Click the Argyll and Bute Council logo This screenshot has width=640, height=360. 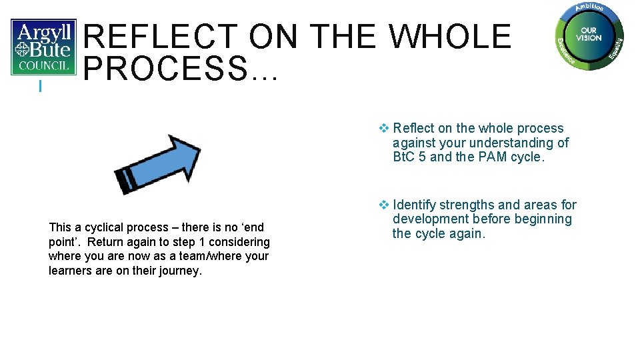pyautogui.click(x=43, y=47)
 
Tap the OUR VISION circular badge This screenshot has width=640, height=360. pyautogui.click(x=589, y=35)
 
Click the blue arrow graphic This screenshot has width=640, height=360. pyautogui.click(x=157, y=164)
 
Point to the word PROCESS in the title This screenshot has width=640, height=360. pyautogui.click(x=166, y=69)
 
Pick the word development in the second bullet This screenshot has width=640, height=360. pyautogui.click(x=430, y=219)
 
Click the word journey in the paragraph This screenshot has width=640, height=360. pyautogui.click(x=178, y=271)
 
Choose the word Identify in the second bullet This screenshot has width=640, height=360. pyautogui.click(x=414, y=205)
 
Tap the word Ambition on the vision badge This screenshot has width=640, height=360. pyautogui.click(x=589, y=8)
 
